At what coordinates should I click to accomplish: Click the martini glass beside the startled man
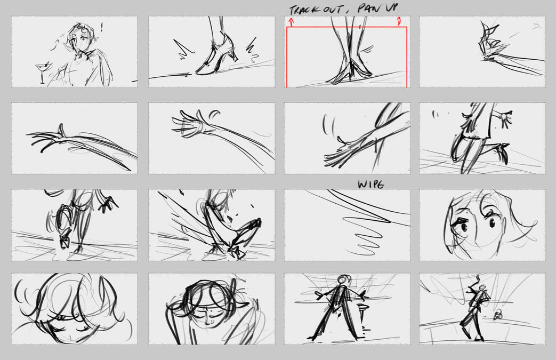coord(43,71)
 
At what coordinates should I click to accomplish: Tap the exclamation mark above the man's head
coord(102,27)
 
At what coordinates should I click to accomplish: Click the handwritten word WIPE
coord(371,185)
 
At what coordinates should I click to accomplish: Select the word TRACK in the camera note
coord(303,10)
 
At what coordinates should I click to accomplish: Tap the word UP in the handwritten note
coord(392,7)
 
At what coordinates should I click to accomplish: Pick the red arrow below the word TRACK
coord(291,22)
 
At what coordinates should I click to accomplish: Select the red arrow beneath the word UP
coord(399,22)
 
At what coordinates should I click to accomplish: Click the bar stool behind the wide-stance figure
coord(361,316)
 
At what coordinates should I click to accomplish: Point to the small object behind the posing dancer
coord(498,315)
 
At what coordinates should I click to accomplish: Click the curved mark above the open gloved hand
coord(214,114)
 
